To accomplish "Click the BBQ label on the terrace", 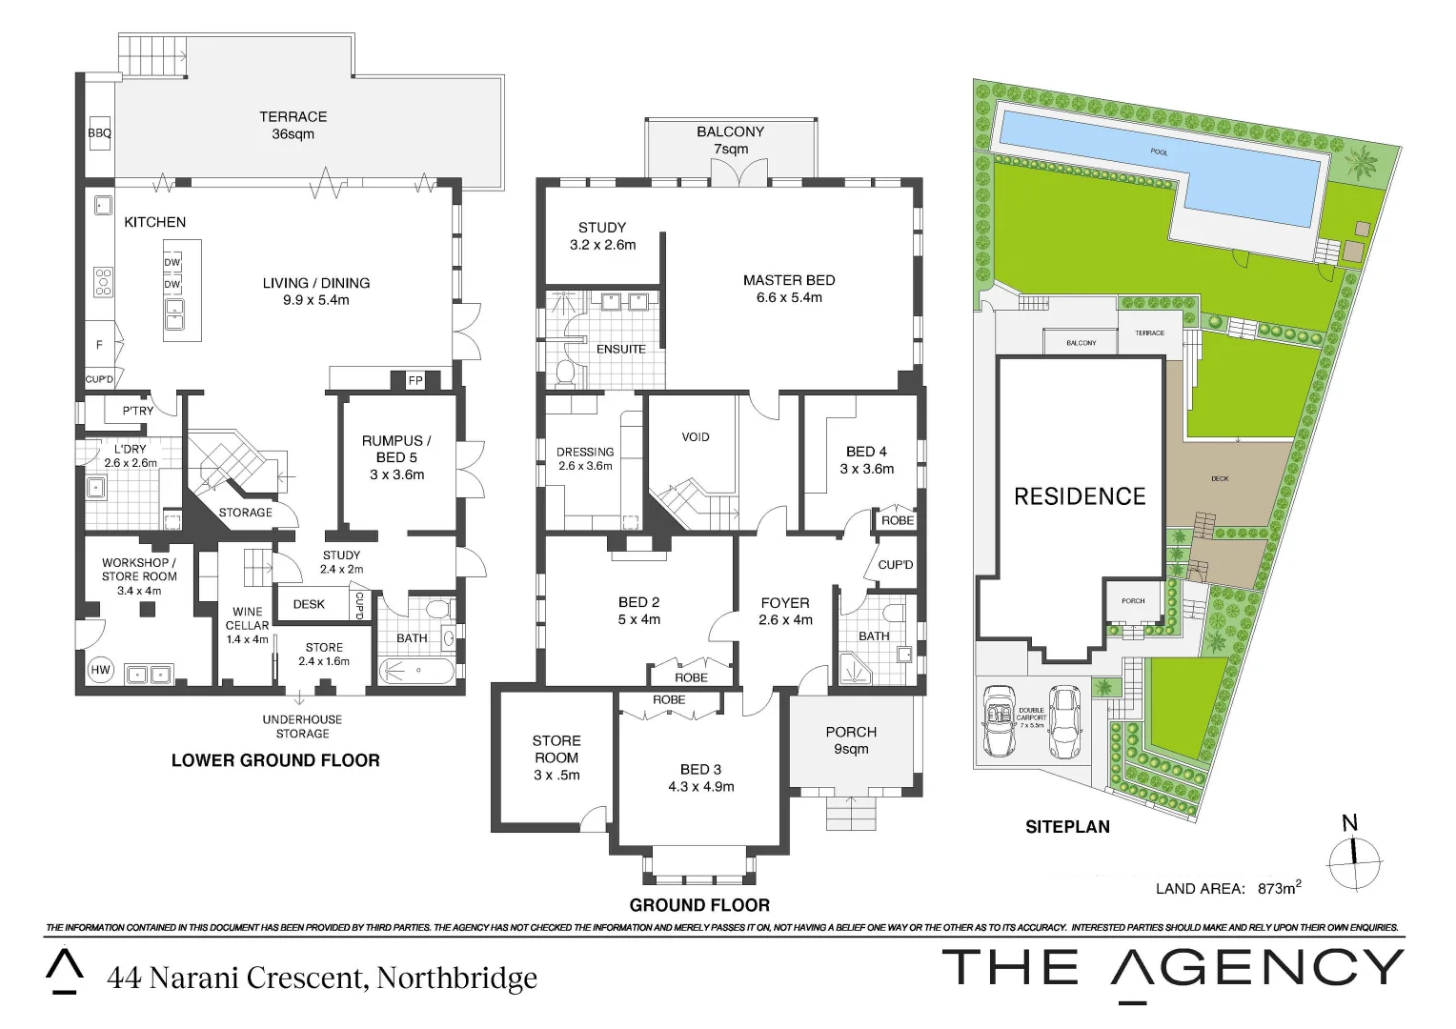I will click(99, 134).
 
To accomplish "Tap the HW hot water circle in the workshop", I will click(100, 670).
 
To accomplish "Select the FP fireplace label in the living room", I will click(415, 380).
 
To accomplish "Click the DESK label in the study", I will click(309, 604).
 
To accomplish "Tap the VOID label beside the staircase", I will click(696, 437).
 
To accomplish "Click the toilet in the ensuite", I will click(564, 373).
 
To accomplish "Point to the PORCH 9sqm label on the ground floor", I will click(851, 740).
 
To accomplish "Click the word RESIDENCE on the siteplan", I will click(1080, 496).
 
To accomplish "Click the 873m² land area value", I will click(1279, 888).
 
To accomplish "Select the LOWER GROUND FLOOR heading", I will click(275, 760).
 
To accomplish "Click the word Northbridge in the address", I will click(456, 979).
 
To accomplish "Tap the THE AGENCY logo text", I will click(1172, 969).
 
